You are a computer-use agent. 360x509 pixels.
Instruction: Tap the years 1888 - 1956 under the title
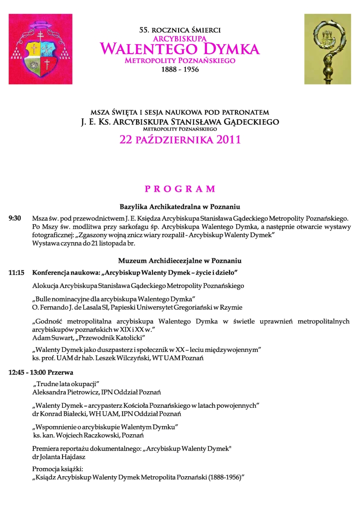(x=180, y=70)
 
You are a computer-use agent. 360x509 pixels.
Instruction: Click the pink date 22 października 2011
(x=180, y=140)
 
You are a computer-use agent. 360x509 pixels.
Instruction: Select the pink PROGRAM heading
(x=180, y=189)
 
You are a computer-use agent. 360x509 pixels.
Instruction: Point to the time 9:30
(x=15, y=218)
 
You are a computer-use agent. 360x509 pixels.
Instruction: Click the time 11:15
(x=16, y=273)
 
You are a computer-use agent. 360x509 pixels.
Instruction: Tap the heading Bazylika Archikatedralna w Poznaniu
(x=180, y=207)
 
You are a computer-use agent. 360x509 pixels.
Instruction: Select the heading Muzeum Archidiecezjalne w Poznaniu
(x=180, y=261)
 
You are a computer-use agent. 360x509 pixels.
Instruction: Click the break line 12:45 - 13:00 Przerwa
(x=41, y=373)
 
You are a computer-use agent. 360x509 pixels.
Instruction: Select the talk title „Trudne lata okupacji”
(x=66, y=383)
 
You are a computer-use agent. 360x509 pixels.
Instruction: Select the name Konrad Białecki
(x=63, y=414)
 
